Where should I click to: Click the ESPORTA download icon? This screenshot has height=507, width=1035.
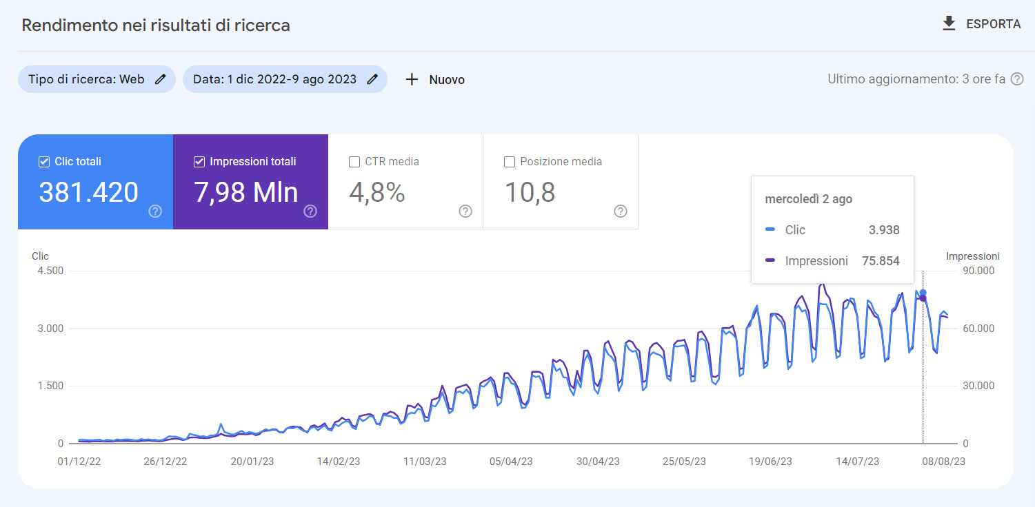(x=949, y=24)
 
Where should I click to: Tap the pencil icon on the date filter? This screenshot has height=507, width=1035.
(x=372, y=79)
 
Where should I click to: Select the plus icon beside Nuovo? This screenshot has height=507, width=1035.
(x=412, y=79)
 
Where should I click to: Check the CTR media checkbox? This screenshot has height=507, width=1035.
(x=354, y=162)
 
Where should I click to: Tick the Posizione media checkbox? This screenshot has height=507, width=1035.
(x=510, y=162)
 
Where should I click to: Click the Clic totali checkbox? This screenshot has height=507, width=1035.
(x=44, y=162)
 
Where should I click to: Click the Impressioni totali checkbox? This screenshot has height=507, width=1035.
(x=199, y=162)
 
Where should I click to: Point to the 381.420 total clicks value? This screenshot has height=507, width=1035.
(x=88, y=193)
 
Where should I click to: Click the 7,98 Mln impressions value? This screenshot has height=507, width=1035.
(x=246, y=193)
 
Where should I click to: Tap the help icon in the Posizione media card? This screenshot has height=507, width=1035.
(x=620, y=211)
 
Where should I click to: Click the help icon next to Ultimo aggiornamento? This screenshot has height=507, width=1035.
(x=1017, y=79)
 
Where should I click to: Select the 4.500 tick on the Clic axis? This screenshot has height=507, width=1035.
(x=50, y=271)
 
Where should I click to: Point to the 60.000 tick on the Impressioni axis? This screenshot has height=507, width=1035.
(x=978, y=329)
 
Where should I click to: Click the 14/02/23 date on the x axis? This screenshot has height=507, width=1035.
(x=338, y=462)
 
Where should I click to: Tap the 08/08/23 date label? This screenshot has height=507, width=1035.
(x=943, y=462)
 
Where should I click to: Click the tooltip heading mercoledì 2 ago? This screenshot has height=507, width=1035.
(x=808, y=199)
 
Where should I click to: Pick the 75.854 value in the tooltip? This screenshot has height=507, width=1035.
(x=881, y=261)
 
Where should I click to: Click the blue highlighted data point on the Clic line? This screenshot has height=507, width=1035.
(x=923, y=293)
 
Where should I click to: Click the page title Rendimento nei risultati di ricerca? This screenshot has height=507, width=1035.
(x=156, y=25)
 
